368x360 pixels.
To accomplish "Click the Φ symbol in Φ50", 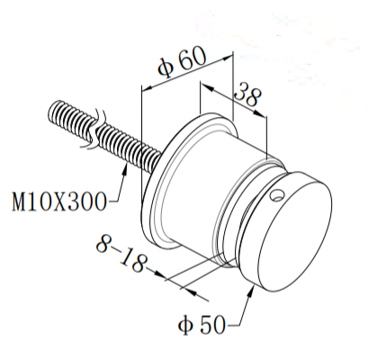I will point(184,321).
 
